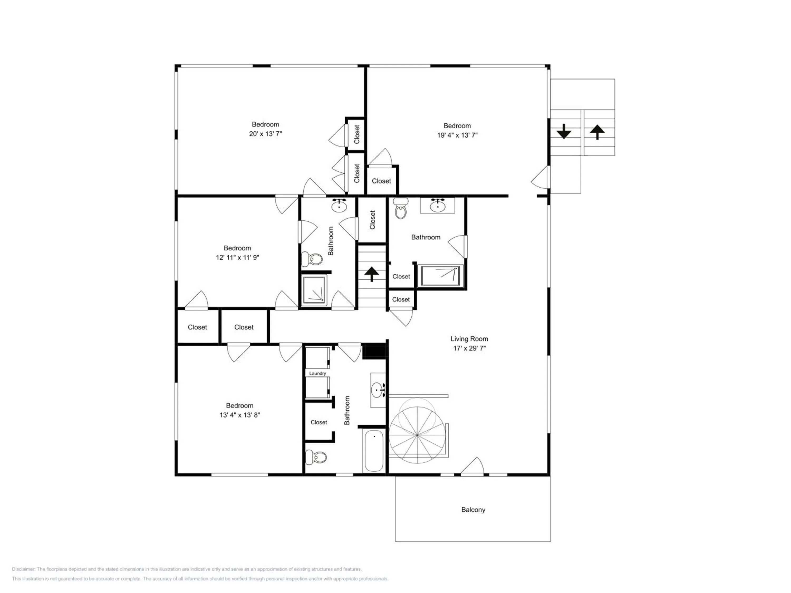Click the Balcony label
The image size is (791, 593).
click(473, 510)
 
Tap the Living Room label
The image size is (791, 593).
click(469, 339)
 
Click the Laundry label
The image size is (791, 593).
click(317, 373)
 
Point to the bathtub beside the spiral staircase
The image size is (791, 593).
click(374, 450)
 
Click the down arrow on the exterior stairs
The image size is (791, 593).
click(564, 131)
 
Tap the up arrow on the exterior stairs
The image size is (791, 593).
click(597, 132)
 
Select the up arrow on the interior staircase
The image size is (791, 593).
click(372, 274)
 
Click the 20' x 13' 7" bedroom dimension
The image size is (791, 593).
click(265, 134)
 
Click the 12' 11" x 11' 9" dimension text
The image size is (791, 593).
click(238, 257)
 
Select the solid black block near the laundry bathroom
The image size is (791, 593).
click(375, 351)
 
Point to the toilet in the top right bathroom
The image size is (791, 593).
click(401, 209)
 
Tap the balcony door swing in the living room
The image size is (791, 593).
click(472, 466)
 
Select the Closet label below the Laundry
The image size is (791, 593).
click(319, 422)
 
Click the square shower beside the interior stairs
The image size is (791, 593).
click(314, 290)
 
